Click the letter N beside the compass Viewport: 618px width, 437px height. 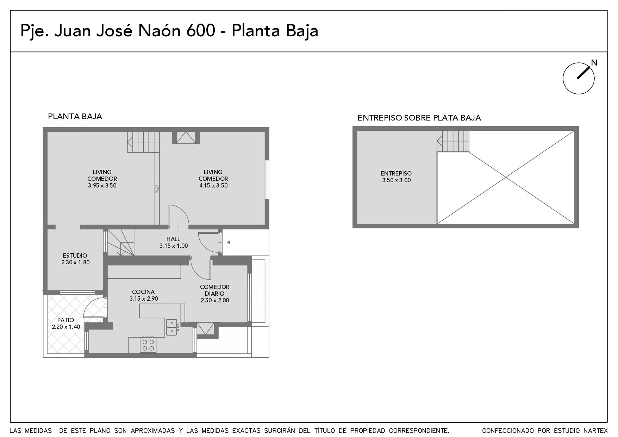point(594,63)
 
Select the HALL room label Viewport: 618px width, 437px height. point(173,239)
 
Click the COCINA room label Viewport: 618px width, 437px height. point(143,292)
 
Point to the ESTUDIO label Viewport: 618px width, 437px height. point(75,256)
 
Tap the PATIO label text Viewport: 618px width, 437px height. point(66,320)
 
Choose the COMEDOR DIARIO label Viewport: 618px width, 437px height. point(215,290)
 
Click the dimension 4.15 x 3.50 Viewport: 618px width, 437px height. point(213,185)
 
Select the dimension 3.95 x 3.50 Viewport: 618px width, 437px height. point(102,185)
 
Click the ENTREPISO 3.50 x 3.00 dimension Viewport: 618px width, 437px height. point(397,180)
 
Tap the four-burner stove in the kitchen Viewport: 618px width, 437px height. point(148,345)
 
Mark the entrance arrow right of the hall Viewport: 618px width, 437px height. point(229,242)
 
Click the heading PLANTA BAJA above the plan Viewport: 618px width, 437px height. point(75,116)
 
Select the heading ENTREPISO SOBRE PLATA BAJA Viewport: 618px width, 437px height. point(419,118)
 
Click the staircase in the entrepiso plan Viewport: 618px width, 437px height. point(453,141)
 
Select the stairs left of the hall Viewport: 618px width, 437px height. point(120,242)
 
